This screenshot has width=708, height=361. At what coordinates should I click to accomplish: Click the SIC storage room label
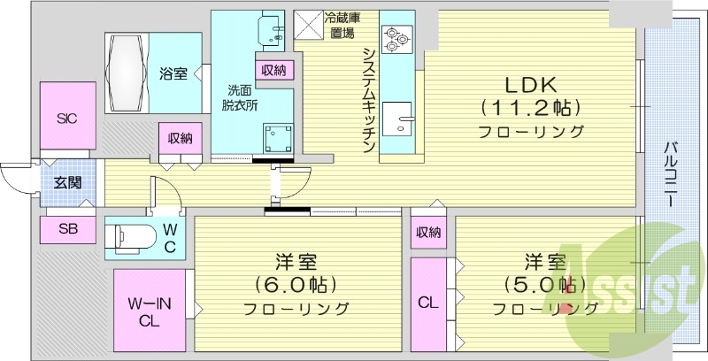pyautogui.click(x=66, y=117)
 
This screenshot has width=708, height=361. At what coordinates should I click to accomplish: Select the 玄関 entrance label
pyautogui.click(x=66, y=183)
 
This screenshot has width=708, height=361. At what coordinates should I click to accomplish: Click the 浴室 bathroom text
pyautogui.click(x=173, y=73)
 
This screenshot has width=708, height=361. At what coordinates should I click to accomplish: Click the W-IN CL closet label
pyautogui.click(x=148, y=312)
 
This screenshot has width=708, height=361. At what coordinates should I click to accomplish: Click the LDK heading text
pyautogui.click(x=529, y=85)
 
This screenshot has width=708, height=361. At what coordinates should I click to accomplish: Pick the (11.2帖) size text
pyautogui.click(x=530, y=109)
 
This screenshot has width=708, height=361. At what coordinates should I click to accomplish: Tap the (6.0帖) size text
pyautogui.click(x=296, y=286)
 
